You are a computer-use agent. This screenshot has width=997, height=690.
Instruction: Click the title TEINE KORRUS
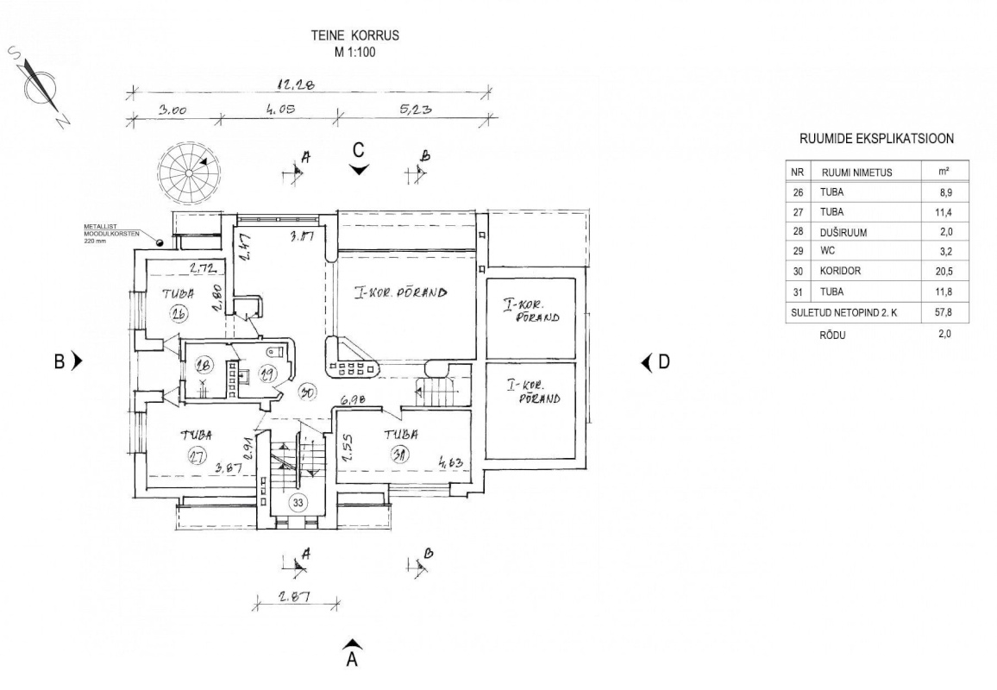click(355, 36)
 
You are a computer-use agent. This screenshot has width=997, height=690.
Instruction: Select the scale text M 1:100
click(355, 52)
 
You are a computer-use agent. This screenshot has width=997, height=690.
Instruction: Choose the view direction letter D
click(663, 361)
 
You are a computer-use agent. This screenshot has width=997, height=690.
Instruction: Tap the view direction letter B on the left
click(60, 361)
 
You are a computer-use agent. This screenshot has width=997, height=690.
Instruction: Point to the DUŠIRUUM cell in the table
click(844, 231)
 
